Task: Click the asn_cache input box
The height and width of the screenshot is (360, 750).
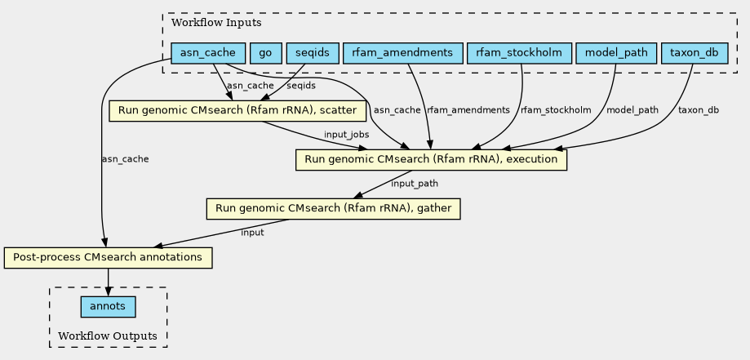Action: point(208,53)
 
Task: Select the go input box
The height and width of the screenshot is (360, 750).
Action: point(266,53)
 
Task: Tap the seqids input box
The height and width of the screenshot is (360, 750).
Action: point(313,53)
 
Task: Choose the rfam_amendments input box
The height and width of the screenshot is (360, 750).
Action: point(402,53)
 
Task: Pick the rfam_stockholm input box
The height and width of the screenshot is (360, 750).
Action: point(519,53)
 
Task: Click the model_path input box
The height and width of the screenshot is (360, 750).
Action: point(616,53)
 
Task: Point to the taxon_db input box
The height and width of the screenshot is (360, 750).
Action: point(695,53)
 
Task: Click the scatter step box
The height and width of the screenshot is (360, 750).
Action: point(237,111)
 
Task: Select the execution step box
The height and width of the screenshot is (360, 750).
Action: point(431,160)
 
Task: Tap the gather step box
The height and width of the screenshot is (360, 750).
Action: point(334,209)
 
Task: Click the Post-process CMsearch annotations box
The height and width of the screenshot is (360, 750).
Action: point(108,258)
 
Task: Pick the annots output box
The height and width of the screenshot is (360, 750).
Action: point(108,307)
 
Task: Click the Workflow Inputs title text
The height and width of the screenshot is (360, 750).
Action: point(216,23)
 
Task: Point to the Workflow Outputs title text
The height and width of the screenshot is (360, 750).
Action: point(108,336)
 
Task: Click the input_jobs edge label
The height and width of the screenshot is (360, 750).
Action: point(346,135)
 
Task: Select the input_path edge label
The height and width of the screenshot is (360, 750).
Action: point(415,184)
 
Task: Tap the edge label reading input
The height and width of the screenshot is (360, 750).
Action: point(252,233)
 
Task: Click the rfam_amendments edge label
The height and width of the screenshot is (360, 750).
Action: point(468,110)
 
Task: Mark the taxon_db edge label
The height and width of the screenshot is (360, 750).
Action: point(699,110)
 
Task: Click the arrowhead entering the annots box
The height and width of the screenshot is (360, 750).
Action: point(108,292)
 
